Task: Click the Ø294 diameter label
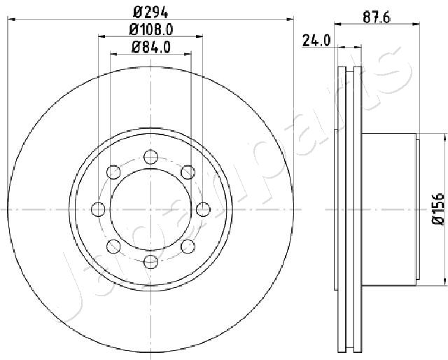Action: pos(150,12)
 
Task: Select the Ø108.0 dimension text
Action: pos(151,29)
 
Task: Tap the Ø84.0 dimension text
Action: pos(151,47)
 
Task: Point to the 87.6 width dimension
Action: pos(377,18)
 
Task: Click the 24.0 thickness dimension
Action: pos(316,41)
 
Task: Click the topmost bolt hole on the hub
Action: pos(150,157)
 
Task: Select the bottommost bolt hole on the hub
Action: pos(150,262)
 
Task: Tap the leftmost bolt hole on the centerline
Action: pos(98,209)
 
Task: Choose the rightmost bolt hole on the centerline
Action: pos(203,209)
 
